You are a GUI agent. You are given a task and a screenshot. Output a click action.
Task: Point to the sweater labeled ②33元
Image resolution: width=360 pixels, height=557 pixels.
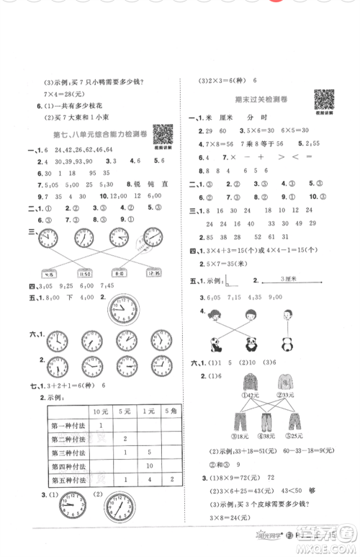286,387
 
